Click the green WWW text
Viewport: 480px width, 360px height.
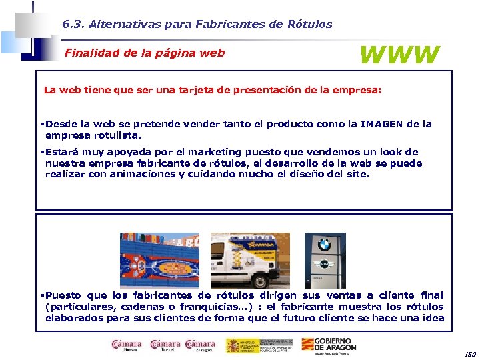(400, 55)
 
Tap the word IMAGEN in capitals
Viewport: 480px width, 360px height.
(382, 124)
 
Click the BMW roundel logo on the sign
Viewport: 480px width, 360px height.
(325, 245)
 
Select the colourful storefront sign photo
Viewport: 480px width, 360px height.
(159, 260)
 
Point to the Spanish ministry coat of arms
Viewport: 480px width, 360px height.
(233, 345)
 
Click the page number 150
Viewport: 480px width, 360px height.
(469, 355)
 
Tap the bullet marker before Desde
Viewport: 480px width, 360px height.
(41, 124)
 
